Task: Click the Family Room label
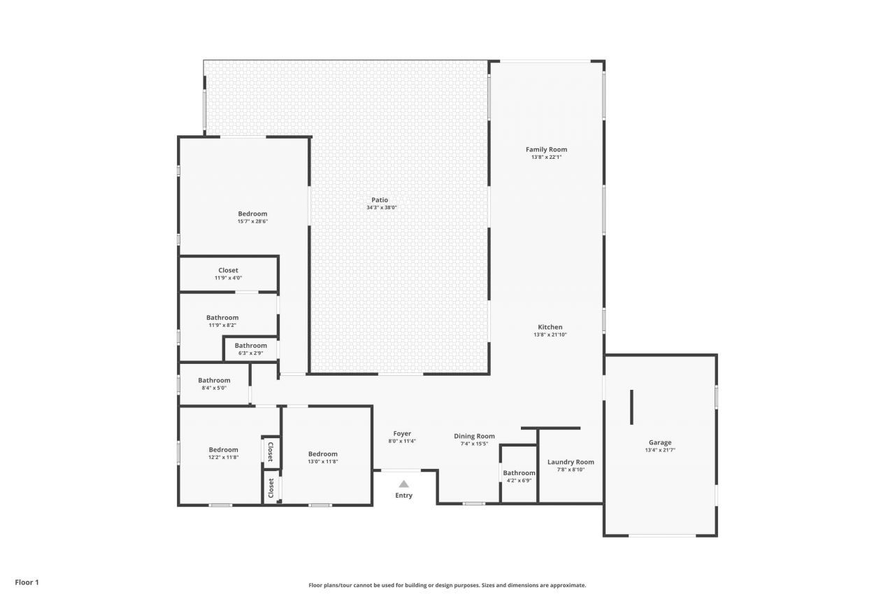point(546,150)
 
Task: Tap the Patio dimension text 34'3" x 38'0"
point(382,208)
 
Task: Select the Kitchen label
point(550,327)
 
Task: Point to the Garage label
point(660,442)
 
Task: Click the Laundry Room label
point(571,462)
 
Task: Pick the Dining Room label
point(474,436)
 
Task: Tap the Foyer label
point(402,433)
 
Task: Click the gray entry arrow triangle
point(404,484)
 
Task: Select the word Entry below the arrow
point(403,496)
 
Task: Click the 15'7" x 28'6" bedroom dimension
point(252,222)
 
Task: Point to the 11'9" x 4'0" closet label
point(228,278)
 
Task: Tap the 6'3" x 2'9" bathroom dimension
point(250,353)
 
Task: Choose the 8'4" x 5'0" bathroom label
point(214,388)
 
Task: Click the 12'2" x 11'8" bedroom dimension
point(223,458)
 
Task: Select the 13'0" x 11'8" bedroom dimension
point(323,461)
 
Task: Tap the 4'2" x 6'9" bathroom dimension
point(519,481)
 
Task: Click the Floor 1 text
point(27,582)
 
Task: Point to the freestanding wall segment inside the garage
point(631,407)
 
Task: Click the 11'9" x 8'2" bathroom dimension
point(222,325)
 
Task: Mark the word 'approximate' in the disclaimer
point(568,585)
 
